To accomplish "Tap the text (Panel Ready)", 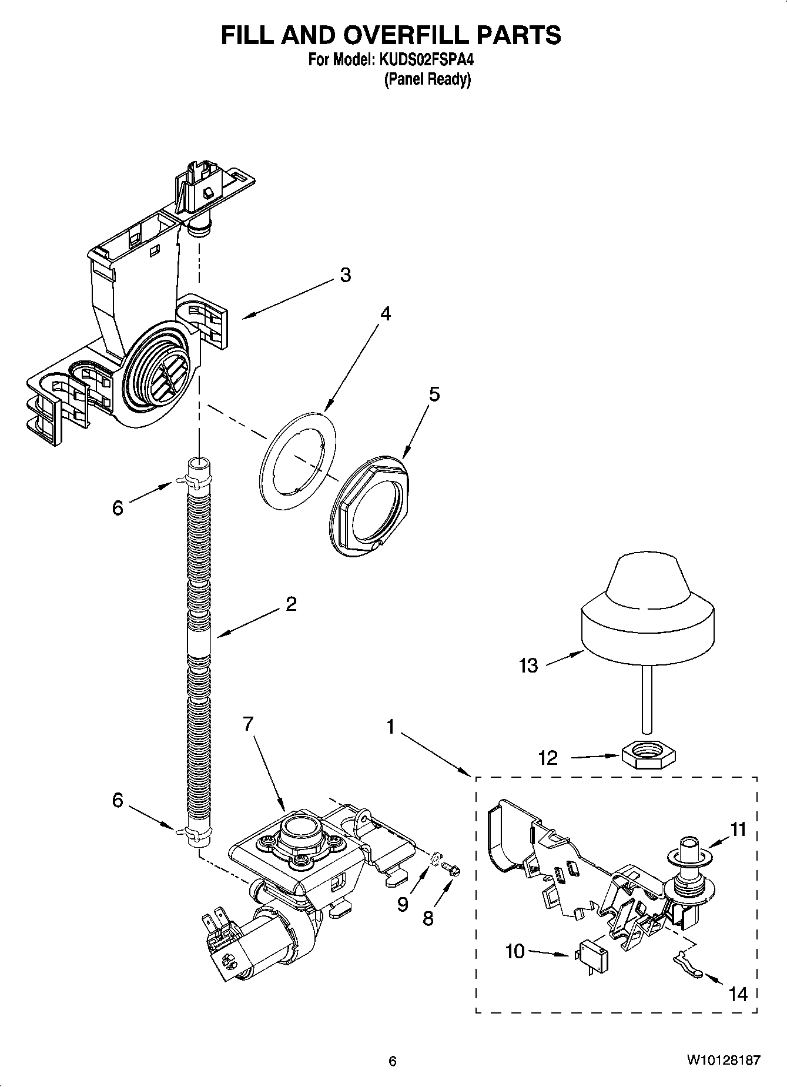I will pos(427,79).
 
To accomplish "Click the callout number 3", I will pos(346,275).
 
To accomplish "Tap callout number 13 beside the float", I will pos(528,665).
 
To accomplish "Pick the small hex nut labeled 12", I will pos(649,754).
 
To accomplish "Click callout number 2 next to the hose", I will pos(291,604).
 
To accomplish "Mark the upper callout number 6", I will pos(118,507).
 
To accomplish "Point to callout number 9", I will pos(402,904).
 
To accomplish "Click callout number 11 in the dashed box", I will pos(738,830).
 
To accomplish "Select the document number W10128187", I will pos(722,1061).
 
